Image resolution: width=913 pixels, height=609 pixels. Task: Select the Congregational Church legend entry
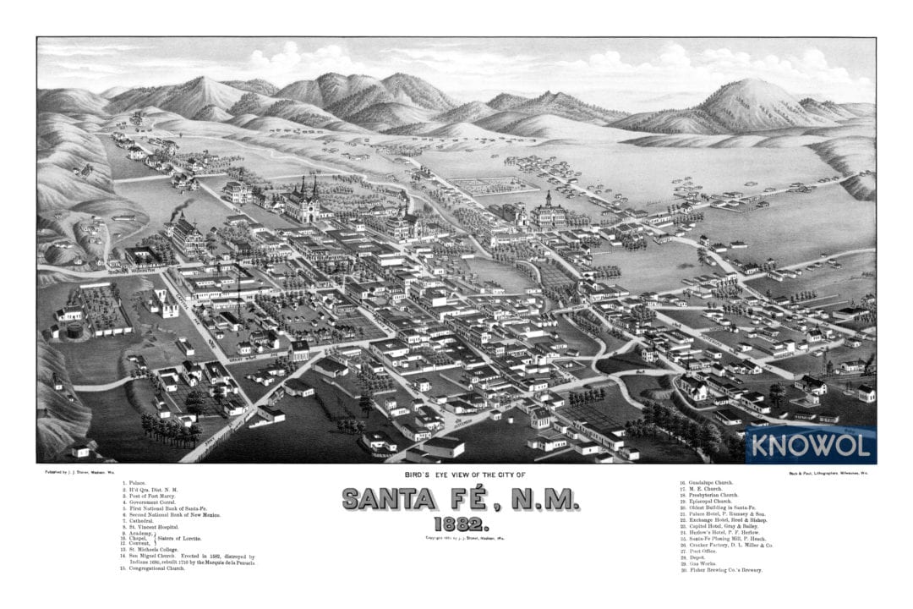tap(156, 568)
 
